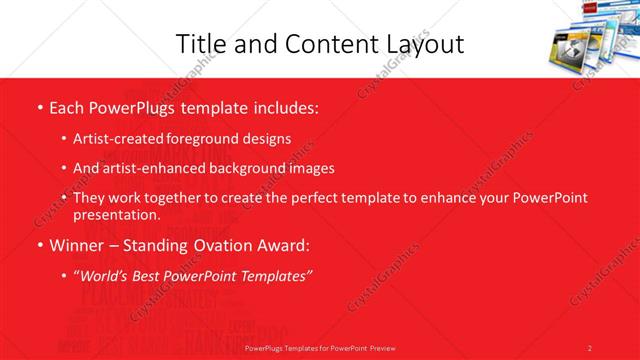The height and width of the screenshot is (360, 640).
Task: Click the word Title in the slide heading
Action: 200,44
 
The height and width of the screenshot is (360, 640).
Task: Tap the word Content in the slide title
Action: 320,44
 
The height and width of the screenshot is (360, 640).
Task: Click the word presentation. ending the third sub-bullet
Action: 116,214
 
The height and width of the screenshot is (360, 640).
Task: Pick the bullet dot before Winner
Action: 39,245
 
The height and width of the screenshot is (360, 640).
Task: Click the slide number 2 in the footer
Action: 590,347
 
